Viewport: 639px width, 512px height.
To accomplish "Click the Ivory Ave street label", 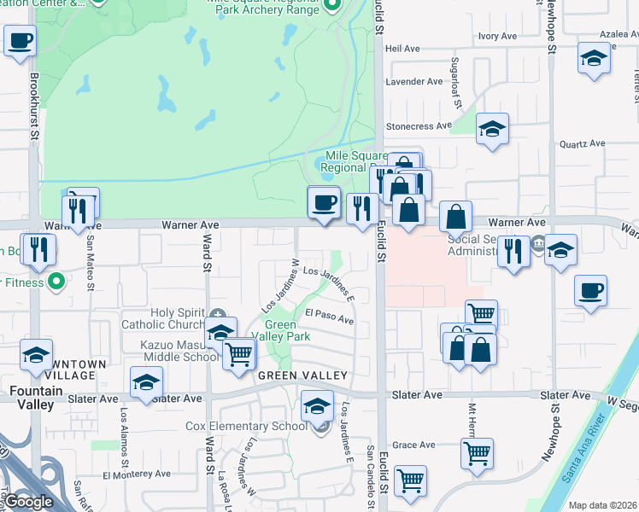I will tap(498, 36).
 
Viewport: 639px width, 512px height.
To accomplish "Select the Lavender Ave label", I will tap(414, 82).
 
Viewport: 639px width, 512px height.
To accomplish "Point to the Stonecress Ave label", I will tap(419, 126).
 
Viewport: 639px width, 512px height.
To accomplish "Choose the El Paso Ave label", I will tap(329, 316).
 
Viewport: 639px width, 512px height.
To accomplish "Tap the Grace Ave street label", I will tap(414, 445).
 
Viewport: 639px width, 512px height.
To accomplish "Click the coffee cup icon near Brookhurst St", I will tap(21, 40).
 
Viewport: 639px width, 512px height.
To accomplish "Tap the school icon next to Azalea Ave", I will tap(593, 59).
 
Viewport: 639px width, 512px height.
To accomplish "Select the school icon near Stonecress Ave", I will tap(492, 130).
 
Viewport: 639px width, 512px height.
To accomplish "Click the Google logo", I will tap(28, 502).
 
